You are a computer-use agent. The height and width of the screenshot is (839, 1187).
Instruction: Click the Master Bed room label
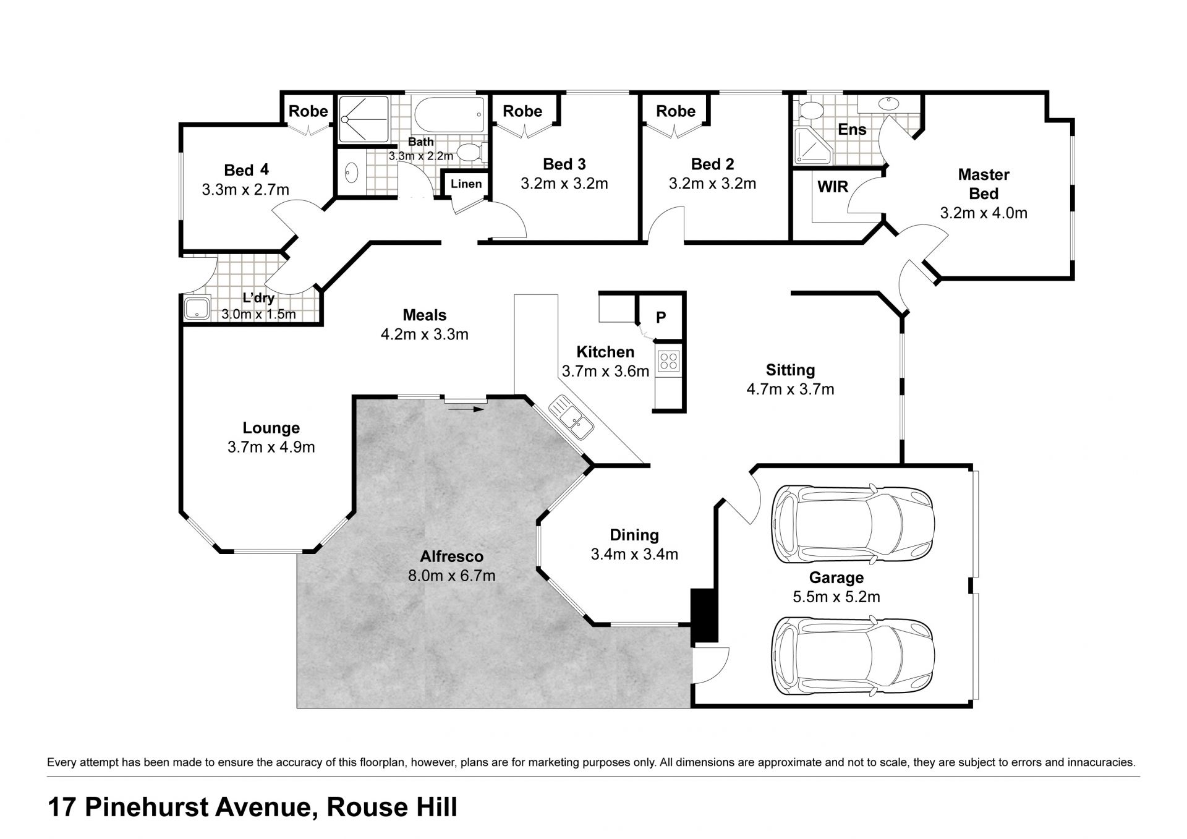click(984, 184)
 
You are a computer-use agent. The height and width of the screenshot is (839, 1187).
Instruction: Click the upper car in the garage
click(853, 524)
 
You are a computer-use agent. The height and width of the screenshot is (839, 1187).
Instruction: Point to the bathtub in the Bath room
click(448, 114)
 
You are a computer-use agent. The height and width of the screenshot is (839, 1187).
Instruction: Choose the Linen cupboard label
click(466, 184)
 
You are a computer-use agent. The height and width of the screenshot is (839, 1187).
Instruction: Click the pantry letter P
click(661, 317)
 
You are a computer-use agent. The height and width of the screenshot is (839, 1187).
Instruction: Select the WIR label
click(833, 187)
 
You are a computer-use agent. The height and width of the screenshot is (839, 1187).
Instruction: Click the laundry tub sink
click(197, 308)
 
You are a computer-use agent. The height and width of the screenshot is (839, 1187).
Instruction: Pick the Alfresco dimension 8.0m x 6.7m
click(451, 576)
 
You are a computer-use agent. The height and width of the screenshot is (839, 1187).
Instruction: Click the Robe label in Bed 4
click(308, 111)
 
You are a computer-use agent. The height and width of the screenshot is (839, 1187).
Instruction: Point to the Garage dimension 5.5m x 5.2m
click(836, 597)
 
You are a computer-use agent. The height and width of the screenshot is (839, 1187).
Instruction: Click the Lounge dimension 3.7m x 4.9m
click(271, 446)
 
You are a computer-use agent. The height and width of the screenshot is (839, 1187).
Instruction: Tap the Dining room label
click(634, 535)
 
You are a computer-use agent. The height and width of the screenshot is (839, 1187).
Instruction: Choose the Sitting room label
click(790, 370)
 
